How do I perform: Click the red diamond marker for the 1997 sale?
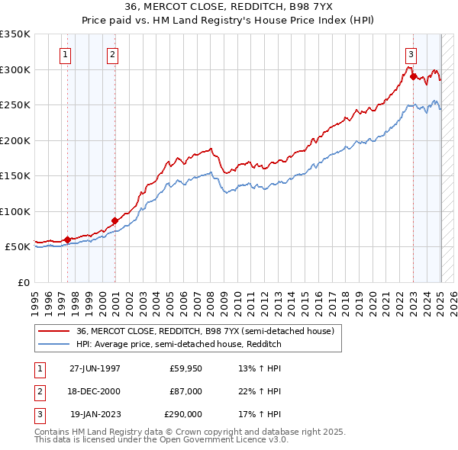pyautogui.click(x=67, y=239)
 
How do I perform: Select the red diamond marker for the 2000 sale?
pyautogui.click(x=114, y=220)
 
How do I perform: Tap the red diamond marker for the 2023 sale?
pyautogui.click(x=413, y=76)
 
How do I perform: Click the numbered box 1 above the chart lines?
pyautogui.click(x=65, y=54)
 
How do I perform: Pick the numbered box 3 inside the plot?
pyautogui.click(x=411, y=54)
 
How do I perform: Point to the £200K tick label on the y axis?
pyautogui.click(x=15, y=140)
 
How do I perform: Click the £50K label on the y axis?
pyautogui.click(x=18, y=247)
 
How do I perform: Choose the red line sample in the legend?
pyautogui.click(x=53, y=332)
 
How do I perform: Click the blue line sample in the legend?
pyautogui.click(x=53, y=344)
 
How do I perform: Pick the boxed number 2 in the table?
pyautogui.click(x=37, y=391)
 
